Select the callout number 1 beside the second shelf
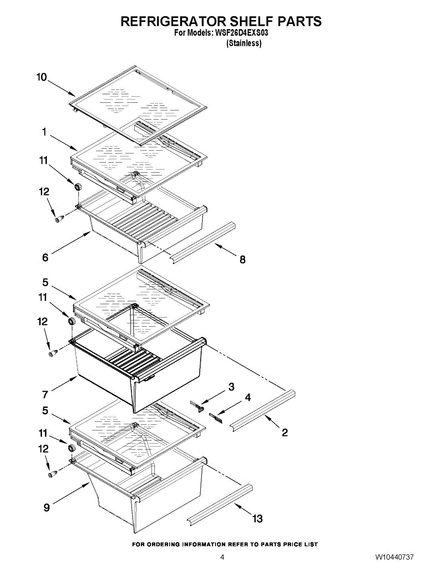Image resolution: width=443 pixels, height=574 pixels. click(x=44, y=132)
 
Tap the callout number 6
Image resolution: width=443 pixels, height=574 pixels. click(x=45, y=257)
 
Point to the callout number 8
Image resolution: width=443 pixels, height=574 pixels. click(x=243, y=260)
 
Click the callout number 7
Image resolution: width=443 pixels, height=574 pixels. click(x=45, y=394)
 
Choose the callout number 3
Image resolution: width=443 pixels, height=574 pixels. click(x=231, y=387)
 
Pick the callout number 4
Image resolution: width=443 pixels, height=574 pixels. click(x=248, y=397)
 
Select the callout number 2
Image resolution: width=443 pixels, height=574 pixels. click(x=285, y=433)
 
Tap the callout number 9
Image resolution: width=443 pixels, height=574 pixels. click(x=46, y=508)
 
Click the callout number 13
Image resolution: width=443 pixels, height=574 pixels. click(x=257, y=519)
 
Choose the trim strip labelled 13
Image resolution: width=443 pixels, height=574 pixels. click(x=219, y=504)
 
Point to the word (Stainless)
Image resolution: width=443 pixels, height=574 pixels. click(x=244, y=43)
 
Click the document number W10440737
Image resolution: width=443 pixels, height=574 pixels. click(x=394, y=557)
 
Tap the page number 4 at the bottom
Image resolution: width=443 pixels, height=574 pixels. click(x=222, y=557)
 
